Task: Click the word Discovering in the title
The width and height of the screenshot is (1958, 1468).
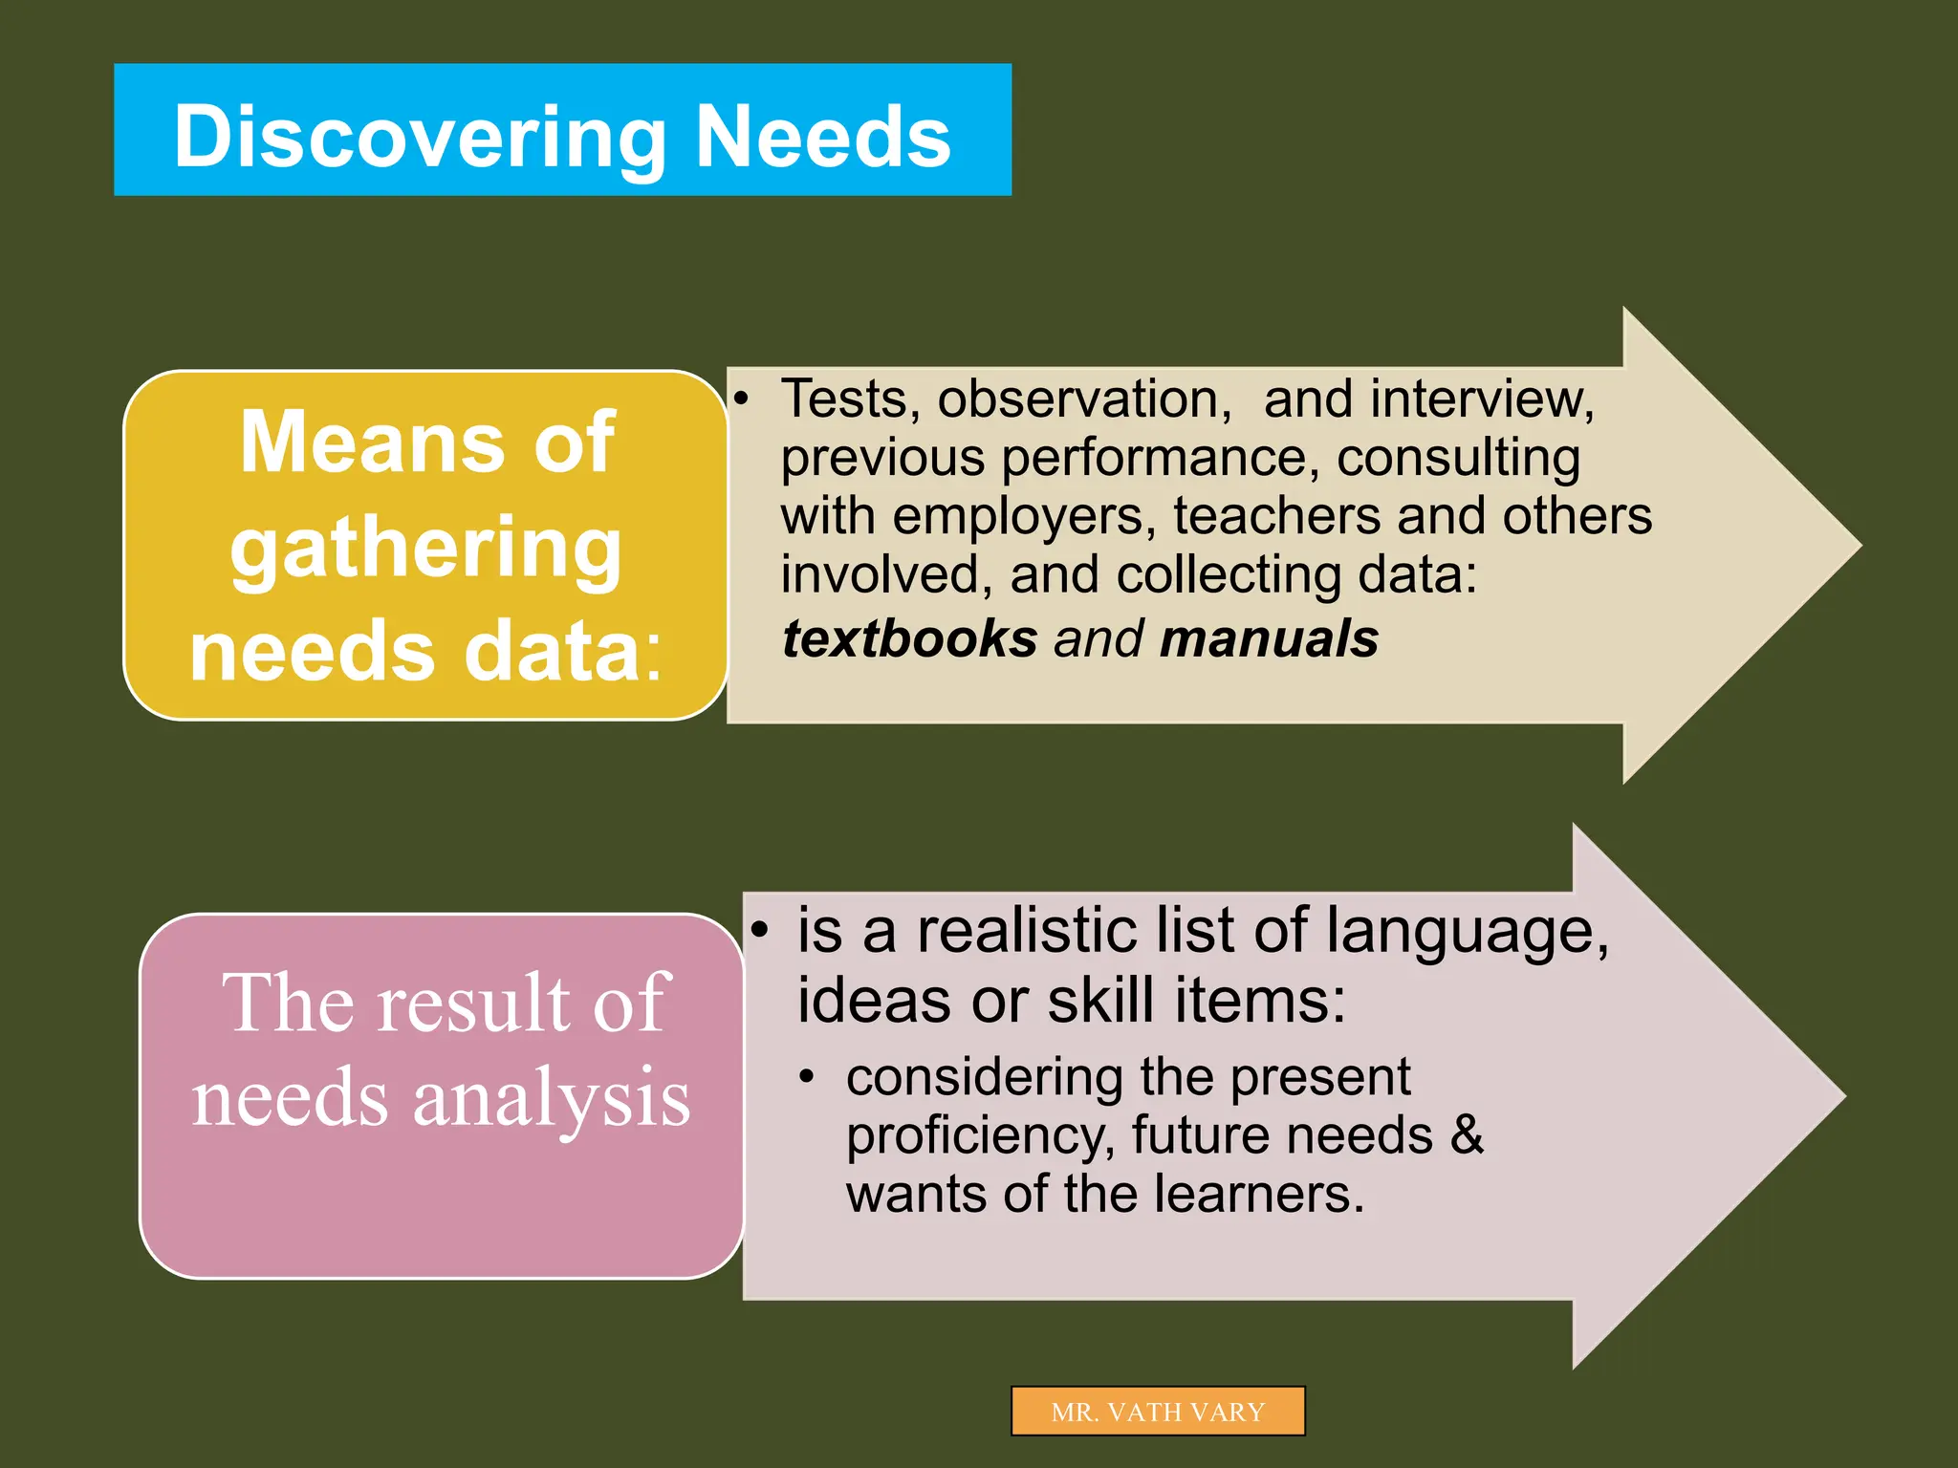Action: [x=419, y=139]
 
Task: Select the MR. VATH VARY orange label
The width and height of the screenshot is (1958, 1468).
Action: [x=1157, y=1412]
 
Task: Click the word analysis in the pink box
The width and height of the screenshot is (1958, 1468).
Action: [x=552, y=1099]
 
